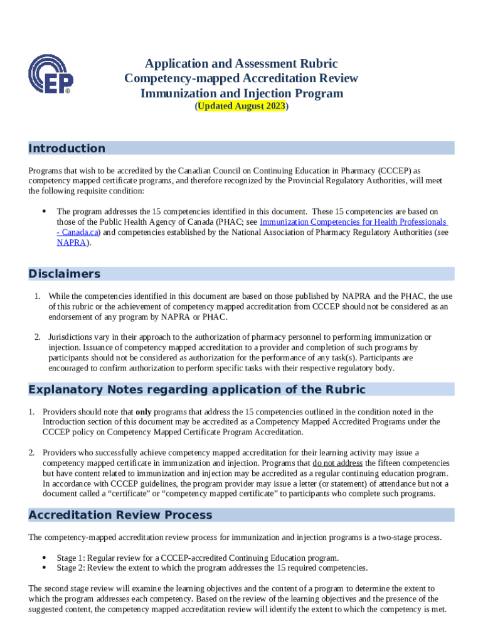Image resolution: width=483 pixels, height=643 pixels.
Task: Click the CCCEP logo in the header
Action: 51,74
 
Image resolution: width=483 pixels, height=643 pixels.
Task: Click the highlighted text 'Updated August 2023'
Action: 242,107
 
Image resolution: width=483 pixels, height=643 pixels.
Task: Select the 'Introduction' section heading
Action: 67,148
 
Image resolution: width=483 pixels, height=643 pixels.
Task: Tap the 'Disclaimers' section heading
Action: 65,274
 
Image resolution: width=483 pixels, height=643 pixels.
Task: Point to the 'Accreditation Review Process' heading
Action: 120,515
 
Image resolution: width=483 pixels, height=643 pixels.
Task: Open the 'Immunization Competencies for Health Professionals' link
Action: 353,222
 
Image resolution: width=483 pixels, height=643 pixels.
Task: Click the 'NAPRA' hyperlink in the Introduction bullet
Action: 72,242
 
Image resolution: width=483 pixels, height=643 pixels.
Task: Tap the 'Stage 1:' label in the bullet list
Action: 71,558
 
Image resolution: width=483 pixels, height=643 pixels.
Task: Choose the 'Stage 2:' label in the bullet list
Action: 71,568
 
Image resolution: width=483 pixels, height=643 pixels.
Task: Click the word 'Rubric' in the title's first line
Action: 316,63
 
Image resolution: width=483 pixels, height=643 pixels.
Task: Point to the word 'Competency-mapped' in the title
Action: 178,78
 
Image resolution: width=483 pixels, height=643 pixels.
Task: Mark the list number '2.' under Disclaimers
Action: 38,337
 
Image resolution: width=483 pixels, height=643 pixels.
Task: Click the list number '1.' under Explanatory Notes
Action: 31,411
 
